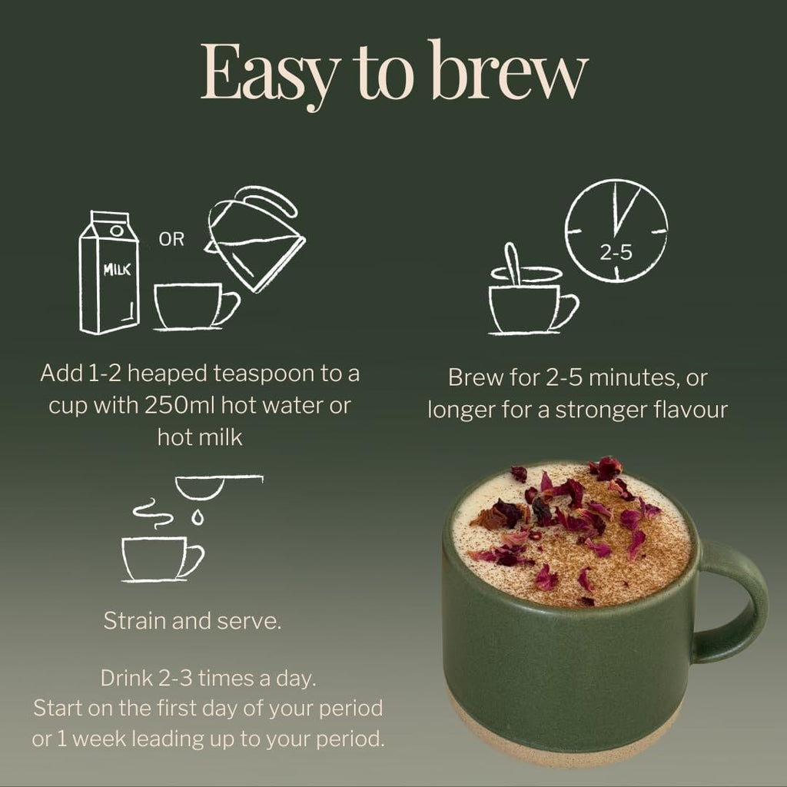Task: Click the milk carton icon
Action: (x=109, y=272)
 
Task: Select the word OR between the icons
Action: (x=171, y=240)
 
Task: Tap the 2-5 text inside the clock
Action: (x=616, y=251)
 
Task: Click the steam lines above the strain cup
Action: (x=152, y=515)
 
